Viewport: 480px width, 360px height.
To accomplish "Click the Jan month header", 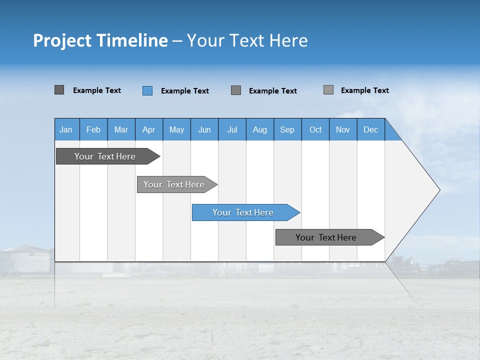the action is (x=66, y=129).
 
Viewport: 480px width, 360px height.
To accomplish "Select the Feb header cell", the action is (x=93, y=129).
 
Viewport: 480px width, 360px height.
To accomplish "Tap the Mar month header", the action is (x=121, y=129).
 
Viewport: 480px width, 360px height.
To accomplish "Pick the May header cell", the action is (x=176, y=129).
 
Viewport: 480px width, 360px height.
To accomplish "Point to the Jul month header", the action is (x=232, y=129).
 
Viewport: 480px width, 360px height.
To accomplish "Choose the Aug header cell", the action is (x=260, y=129).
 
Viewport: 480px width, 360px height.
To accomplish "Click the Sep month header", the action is (x=287, y=129).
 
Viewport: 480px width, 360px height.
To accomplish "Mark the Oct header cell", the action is (x=315, y=129).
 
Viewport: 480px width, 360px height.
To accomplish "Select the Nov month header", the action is (x=343, y=129).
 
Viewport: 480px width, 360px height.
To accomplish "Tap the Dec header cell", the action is (x=371, y=129).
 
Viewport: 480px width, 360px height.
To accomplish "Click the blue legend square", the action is (x=147, y=90).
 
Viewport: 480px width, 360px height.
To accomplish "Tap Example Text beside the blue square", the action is (x=185, y=91).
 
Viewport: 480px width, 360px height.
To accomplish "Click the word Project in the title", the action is (x=62, y=40).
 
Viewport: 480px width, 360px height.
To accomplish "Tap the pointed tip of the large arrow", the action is (x=438, y=190).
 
